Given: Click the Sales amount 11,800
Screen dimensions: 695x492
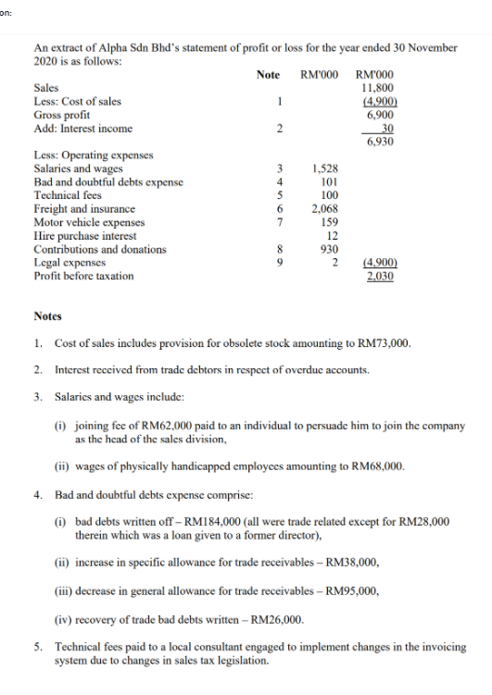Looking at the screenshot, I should pyautogui.click(x=380, y=88).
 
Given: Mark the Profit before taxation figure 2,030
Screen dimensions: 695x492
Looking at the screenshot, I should pyautogui.click(x=382, y=276).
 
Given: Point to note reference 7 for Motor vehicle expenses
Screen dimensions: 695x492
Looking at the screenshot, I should pyautogui.click(x=276, y=222).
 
